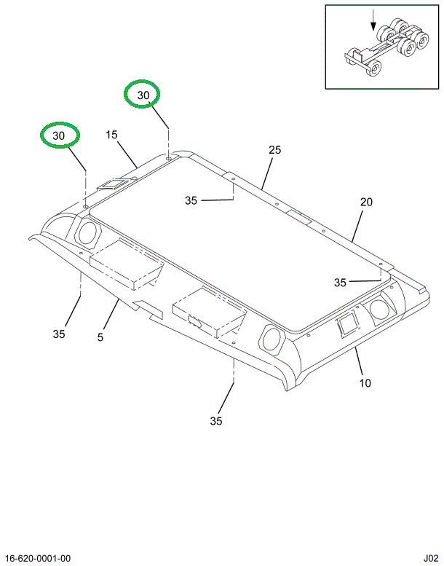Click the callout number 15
point(111,135)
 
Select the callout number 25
point(274,150)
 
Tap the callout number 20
point(366,203)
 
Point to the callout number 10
point(365,382)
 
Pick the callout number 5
point(101,337)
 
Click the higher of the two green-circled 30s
point(143,95)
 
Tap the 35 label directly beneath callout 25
point(191,200)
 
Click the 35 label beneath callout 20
point(341,282)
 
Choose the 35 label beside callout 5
point(59,334)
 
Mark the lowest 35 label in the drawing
point(216,420)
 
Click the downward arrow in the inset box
point(374,18)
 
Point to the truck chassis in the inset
point(382,47)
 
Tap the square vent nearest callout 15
point(113,185)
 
